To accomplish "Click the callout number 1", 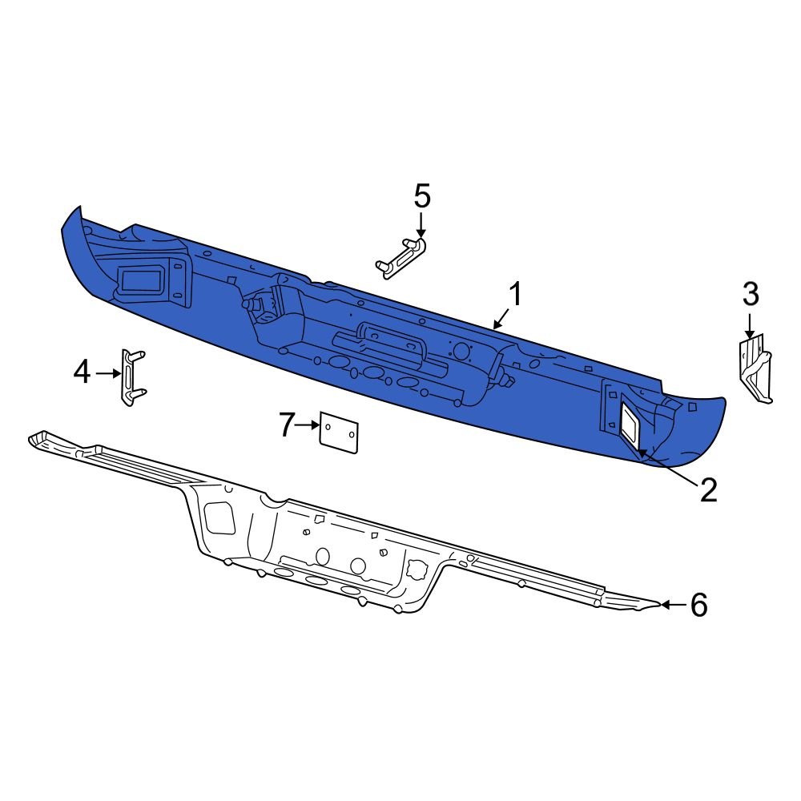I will (x=517, y=295).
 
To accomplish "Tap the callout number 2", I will (x=708, y=489).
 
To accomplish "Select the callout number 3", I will (x=750, y=294).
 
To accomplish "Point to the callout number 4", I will (x=83, y=372).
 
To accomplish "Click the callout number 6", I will (x=698, y=606).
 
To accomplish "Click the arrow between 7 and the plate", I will (x=308, y=426).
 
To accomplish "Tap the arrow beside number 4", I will (x=108, y=373).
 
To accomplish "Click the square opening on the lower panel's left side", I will (x=219, y=517).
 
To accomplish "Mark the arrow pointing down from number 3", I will (x=749, y=324).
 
